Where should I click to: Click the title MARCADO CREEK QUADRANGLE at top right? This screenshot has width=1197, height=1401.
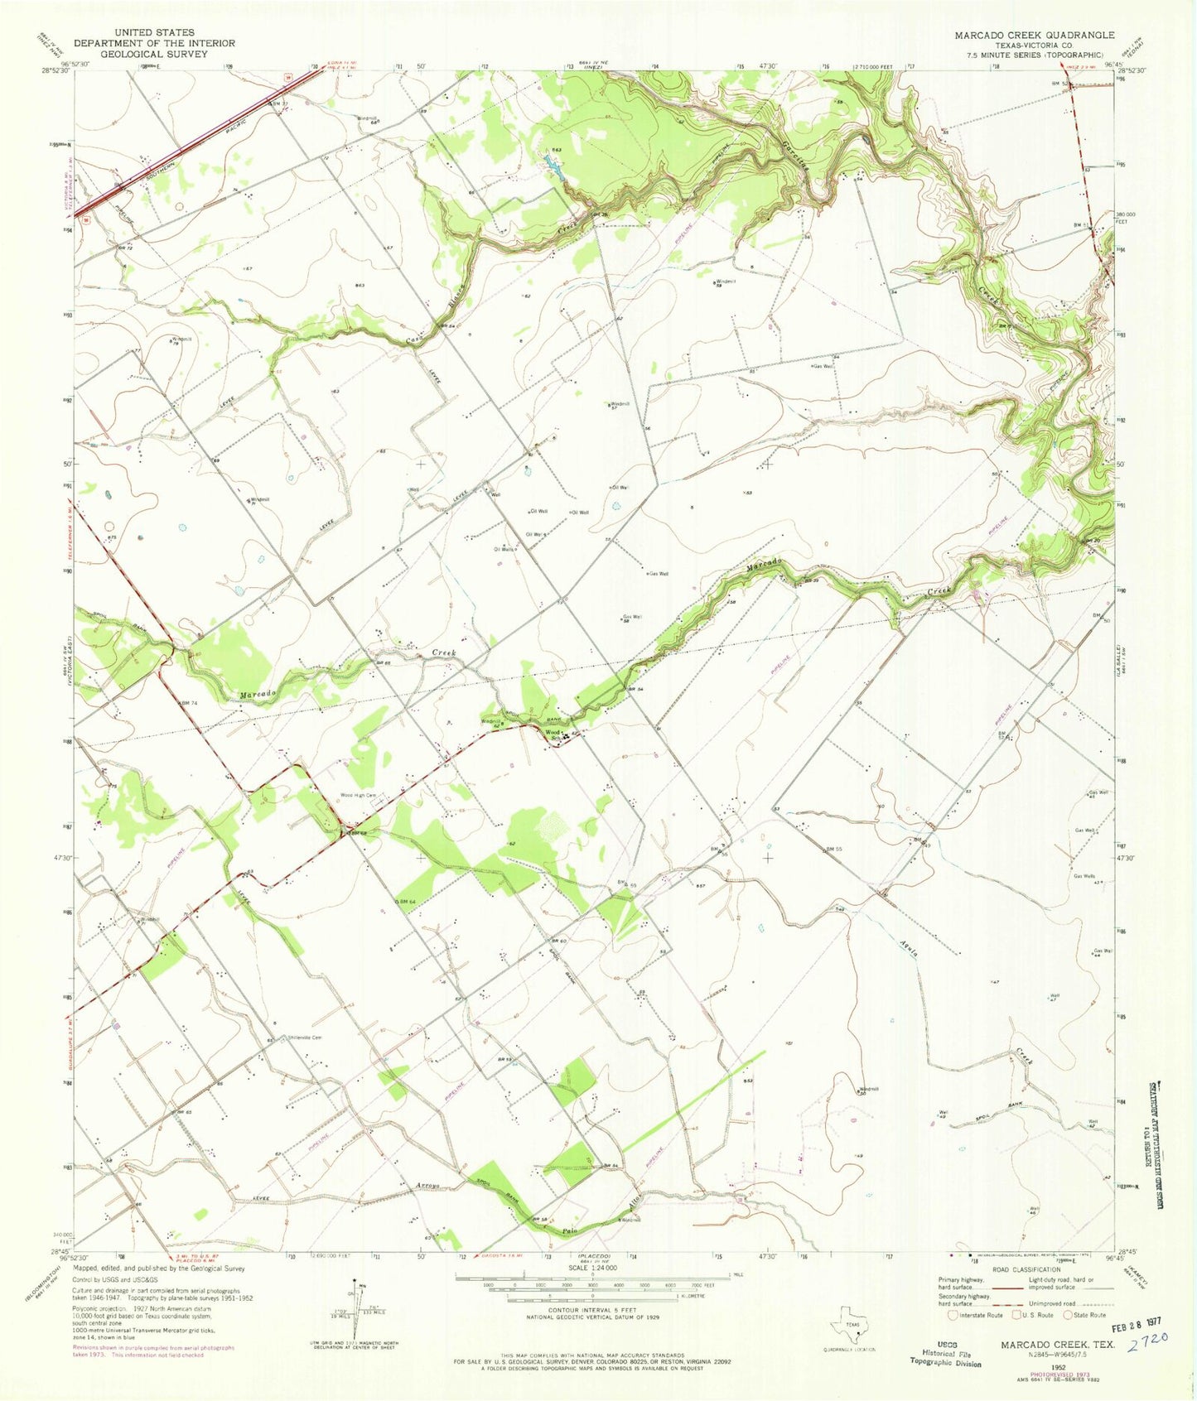pos(1034,36)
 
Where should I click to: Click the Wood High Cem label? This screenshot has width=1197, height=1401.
pos(358,796)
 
